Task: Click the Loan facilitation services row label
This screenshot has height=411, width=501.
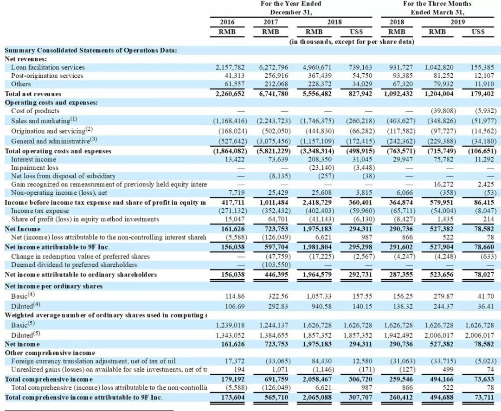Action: click(x=48, y=67)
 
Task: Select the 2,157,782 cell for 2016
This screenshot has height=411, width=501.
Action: click(x=231, y=67)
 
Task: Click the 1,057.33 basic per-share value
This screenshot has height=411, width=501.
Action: click(x=319, y=295)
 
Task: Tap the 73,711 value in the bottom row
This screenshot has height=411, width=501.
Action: click(x=485, y=398)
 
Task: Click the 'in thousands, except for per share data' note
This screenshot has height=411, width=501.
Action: click(x=352, y=42)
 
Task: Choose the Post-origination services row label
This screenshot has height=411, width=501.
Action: click(x=47, y=76)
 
